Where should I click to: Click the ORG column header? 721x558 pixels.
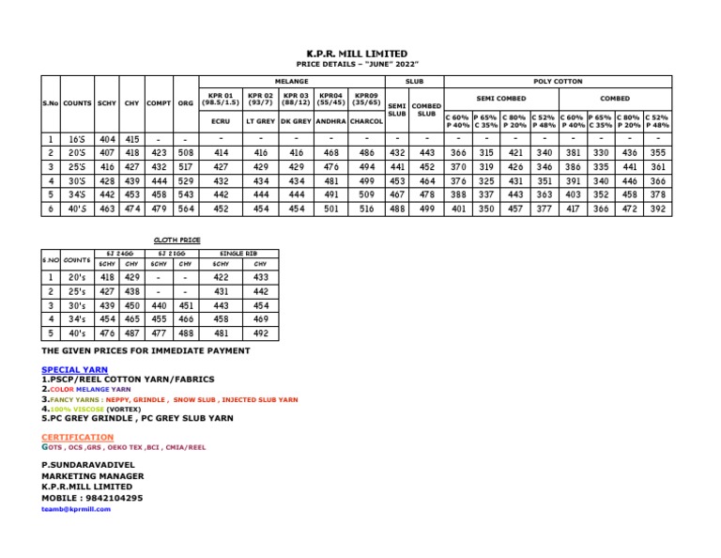185,103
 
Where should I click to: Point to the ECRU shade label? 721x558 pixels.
222,121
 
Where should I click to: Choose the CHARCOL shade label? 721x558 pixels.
366,121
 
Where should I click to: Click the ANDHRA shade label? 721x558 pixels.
330,121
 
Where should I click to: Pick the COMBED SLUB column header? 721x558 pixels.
426,111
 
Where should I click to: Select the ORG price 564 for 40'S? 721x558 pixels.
185,209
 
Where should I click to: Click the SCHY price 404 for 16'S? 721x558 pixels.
108,139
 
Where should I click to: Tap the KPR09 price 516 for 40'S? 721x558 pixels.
366,209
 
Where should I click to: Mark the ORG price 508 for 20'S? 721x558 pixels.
185,152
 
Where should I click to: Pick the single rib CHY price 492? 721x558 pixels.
260,333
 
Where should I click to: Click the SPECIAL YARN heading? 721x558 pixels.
75,370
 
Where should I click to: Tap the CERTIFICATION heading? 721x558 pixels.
77,438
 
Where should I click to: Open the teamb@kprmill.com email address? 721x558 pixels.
76,508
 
